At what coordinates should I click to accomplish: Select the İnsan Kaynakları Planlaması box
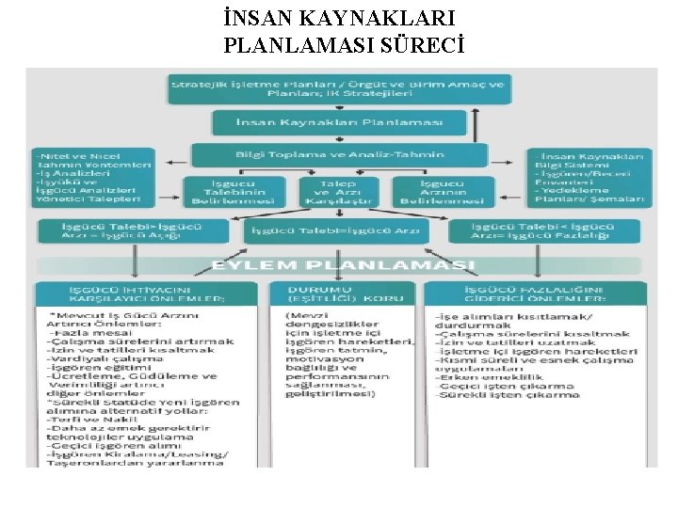339,123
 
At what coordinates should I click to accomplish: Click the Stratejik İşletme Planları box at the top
339,89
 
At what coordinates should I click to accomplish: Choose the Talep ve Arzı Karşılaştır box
338,191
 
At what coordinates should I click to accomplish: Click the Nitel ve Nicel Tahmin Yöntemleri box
93,177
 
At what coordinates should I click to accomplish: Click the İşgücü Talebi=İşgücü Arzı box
340,231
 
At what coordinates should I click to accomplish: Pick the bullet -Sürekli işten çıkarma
508,395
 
